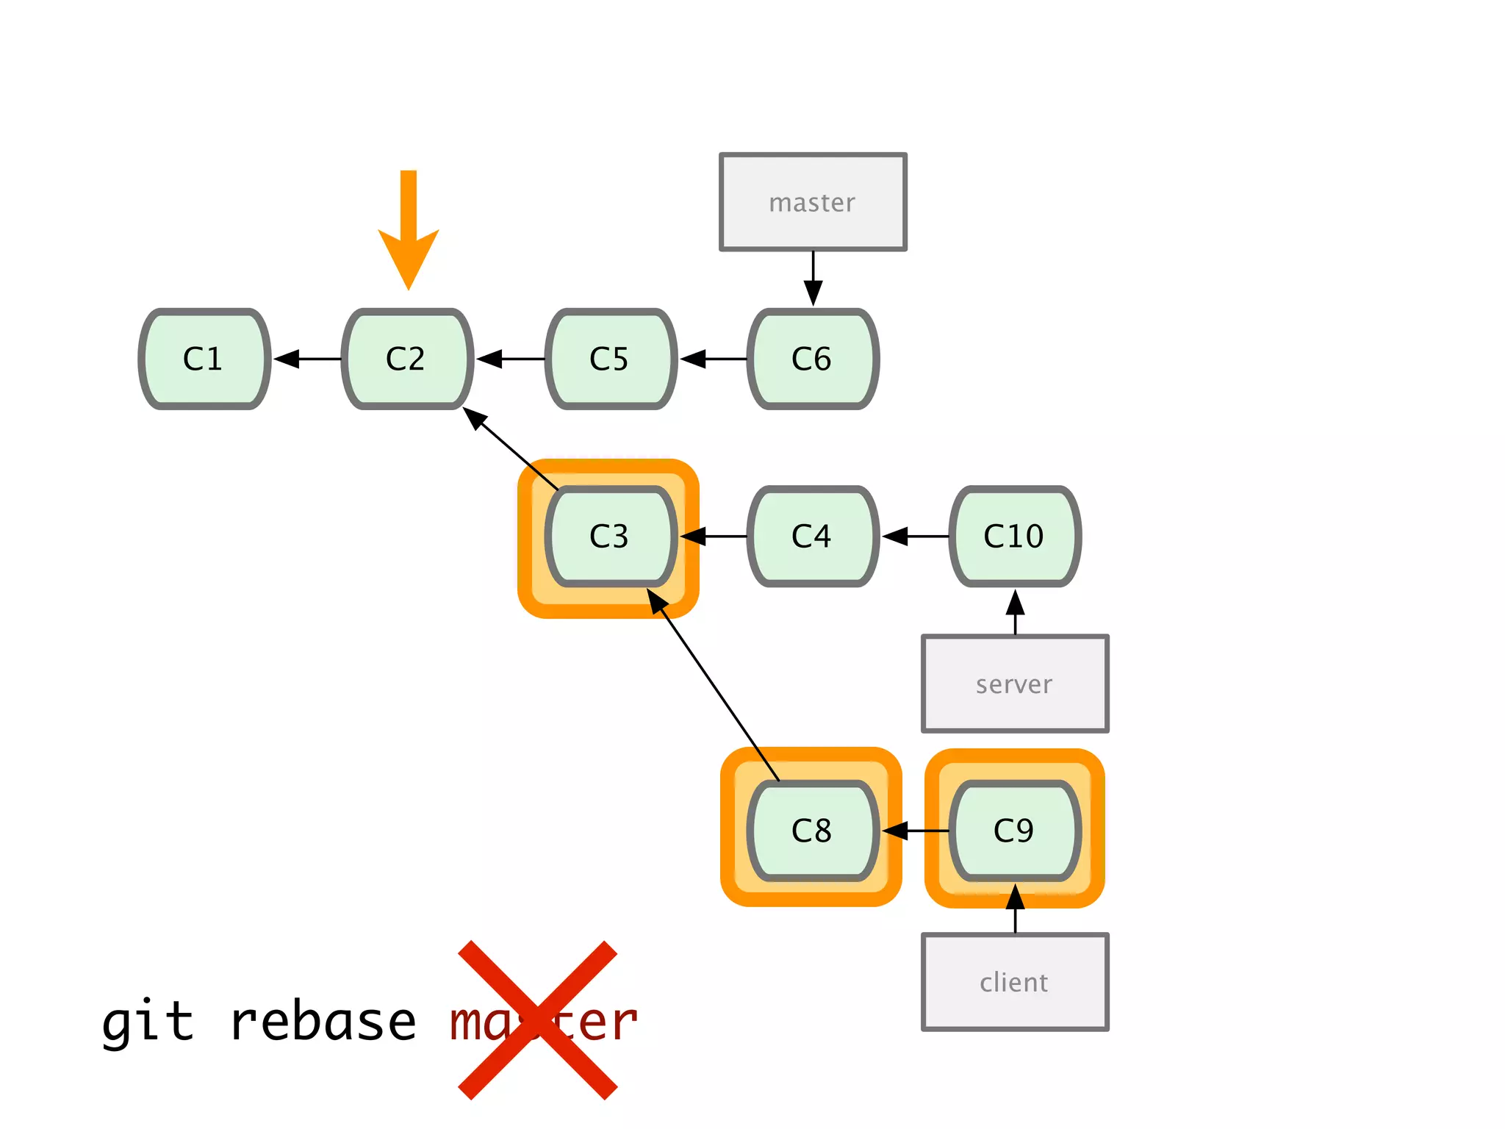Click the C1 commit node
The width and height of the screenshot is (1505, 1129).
coord(204,359)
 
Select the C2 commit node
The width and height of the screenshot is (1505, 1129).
coord(407,359)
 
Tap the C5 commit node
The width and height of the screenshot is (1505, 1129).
coord(610,359)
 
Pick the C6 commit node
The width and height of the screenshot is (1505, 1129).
coord(813,359)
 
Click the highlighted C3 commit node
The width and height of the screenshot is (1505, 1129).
coord(610,537)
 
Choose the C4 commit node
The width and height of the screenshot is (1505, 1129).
coord(813,537)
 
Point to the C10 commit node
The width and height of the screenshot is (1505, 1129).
coord(1015,537)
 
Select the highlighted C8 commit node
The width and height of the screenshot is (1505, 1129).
coord(813,831)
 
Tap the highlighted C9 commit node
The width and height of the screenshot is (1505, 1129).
coord(1015,831)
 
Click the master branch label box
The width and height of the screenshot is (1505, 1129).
coord(813,202)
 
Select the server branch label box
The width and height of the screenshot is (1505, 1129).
coord(1015,684)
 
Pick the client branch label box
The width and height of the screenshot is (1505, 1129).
coord(1015,982)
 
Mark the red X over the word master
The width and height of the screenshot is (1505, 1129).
coord(537,1020)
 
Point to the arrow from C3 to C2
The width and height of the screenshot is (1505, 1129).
coord(511,448)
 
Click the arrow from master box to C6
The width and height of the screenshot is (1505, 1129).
coord(813,278)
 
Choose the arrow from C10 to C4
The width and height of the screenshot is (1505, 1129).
coord(915,537)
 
